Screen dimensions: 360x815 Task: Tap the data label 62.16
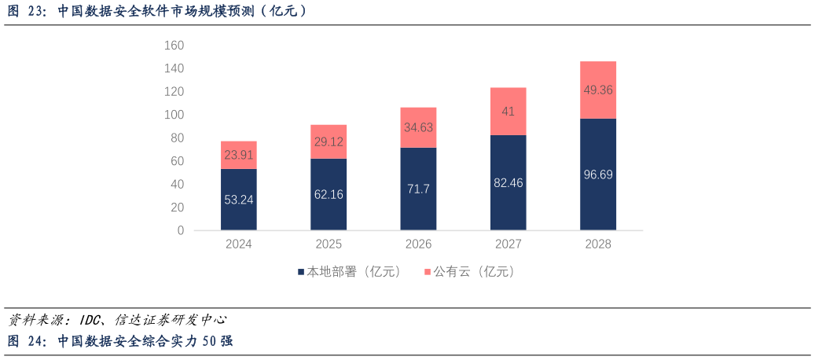point(329,194)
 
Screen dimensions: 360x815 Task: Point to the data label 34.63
point(418,127)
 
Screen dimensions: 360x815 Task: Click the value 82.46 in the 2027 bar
point(508,182)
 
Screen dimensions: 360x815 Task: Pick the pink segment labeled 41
point(508,112)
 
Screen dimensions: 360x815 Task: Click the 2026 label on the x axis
point(418,244)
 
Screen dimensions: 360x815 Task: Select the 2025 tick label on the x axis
point(329,244)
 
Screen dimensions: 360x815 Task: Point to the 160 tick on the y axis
point(174,46)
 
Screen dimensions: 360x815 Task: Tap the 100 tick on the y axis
point(174,115)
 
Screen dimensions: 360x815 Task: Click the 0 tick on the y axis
point(180,230)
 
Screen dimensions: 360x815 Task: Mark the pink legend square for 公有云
point(428,272)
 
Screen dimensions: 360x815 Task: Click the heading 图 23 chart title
point(157,11)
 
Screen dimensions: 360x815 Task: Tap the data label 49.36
point(598,90)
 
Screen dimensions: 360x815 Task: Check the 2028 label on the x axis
point(598,244)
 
